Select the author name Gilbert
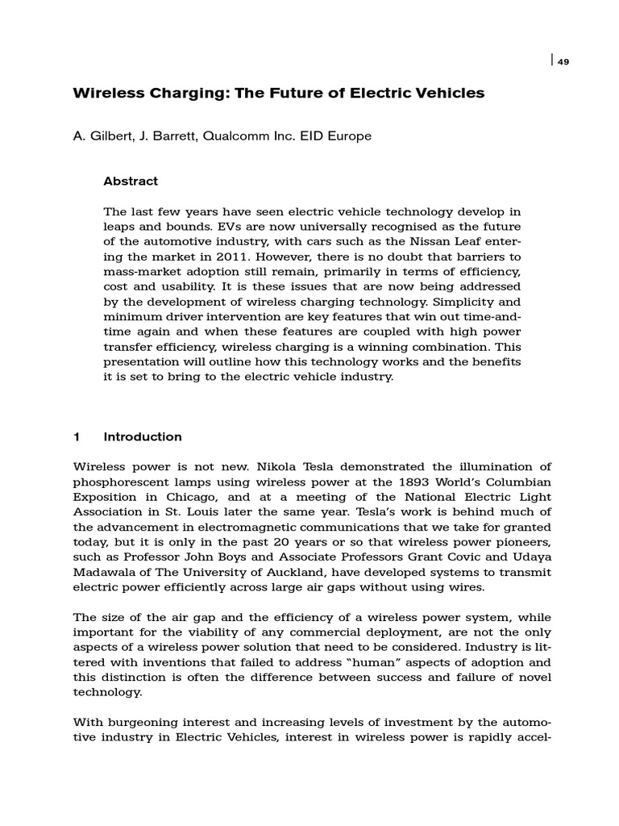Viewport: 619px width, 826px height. (108, 136)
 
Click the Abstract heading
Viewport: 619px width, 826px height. (131, 181)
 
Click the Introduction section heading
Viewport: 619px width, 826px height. (143, 437)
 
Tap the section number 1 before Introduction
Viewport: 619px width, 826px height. (77, 437)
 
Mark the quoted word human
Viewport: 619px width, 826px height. (323, 662)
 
